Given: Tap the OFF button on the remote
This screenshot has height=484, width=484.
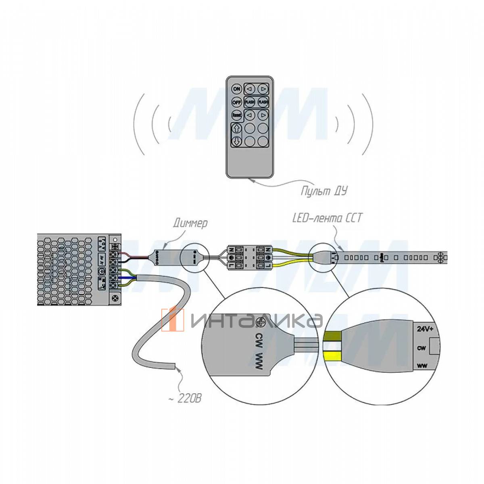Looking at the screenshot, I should [x=236, y=102].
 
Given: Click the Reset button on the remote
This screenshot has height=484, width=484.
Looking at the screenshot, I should [x=236, y=115].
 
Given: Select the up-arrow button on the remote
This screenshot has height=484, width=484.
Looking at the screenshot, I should [x=237, y=129].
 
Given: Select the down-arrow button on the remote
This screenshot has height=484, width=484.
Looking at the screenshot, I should [x=237, y=142].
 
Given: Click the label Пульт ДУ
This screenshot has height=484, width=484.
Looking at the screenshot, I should [x=323, y=190].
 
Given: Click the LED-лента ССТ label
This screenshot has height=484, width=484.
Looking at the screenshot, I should [x=327, y=219].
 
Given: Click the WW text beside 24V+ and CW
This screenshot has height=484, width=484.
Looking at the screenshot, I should [x=422, y=366].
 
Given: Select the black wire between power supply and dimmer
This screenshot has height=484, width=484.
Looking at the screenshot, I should [x=137, y=258].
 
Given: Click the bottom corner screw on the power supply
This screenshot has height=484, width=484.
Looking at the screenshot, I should [x=117, y=298].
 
